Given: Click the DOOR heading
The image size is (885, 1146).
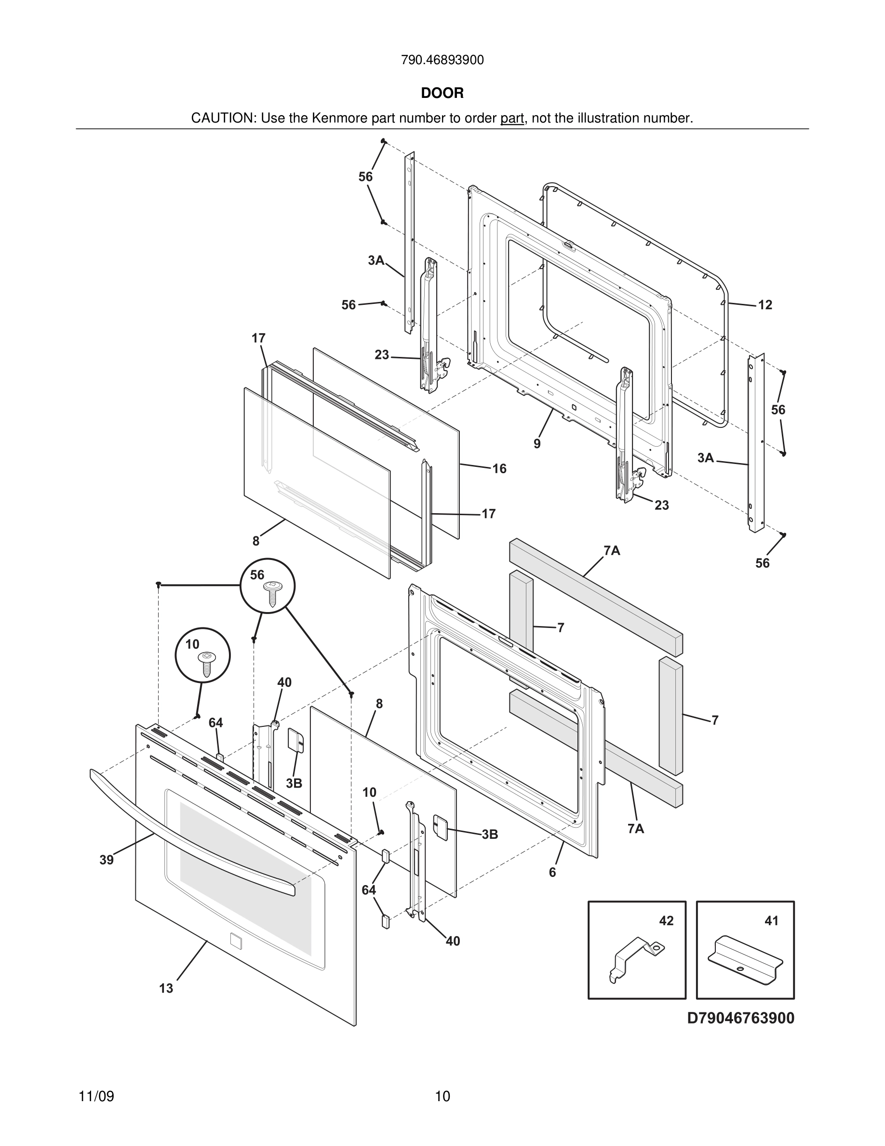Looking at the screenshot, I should coord(442,94).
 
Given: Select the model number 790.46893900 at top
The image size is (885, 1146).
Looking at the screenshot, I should coord(442,60).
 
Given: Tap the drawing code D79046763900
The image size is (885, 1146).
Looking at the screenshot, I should coord(741,1018).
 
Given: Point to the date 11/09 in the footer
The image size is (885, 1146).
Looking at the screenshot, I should coord(96,1097).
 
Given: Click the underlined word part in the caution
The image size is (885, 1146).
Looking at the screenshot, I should coord(512,119).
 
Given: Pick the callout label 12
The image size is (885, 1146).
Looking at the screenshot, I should coord(765,305).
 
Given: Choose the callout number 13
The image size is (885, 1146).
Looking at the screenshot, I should coord(166,989).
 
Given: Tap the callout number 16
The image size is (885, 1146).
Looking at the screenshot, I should coord(499,469).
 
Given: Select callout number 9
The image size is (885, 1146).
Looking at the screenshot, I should coord(537,444).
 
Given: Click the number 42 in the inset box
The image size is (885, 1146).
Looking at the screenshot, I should coord(666,921).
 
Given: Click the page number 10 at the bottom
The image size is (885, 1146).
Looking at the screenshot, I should coord(442,1097).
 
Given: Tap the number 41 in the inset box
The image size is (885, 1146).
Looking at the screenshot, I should coord(771,921).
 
